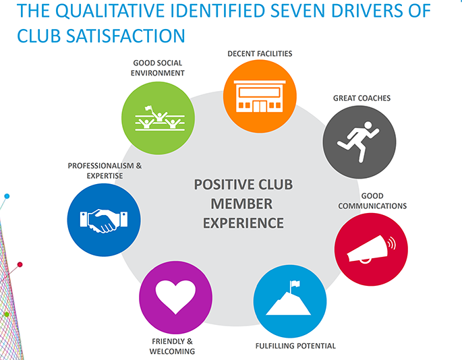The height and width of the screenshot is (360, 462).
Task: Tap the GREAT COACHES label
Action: pos(362,98)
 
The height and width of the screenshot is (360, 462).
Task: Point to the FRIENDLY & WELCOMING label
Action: pos(173,346)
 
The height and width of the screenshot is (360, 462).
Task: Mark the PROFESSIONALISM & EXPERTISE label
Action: pos(105,171)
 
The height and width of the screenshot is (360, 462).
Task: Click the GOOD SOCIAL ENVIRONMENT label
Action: pos(158,68)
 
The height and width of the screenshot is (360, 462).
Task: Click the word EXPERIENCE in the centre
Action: pos(243,222)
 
